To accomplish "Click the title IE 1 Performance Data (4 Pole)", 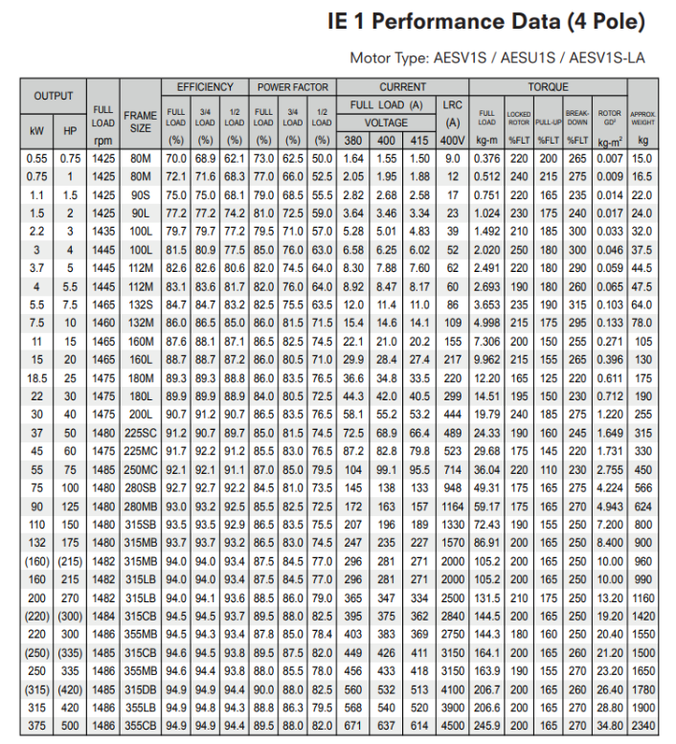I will tap(486, 21).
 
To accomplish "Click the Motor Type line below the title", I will tap(498, 57).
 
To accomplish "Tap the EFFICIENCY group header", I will tap(205, 87).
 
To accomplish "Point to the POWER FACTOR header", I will tap(292, 87).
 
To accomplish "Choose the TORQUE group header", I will tap(547, 87).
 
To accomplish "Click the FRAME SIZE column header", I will tap(140, 122).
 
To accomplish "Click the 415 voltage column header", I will tap(419, 141).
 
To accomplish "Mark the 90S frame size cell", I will tap(140, 194).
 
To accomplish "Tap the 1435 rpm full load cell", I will tap(103, 230).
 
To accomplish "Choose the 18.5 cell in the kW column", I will tap(37, 377).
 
